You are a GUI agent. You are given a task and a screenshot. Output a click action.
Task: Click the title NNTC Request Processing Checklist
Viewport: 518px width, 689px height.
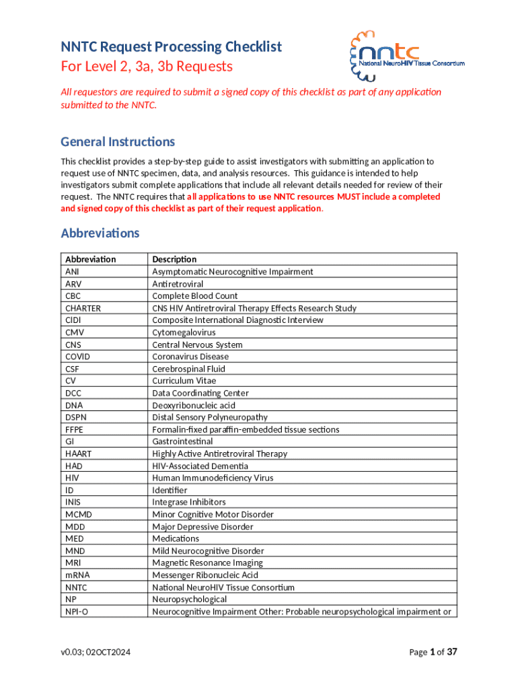[x=171, y=46]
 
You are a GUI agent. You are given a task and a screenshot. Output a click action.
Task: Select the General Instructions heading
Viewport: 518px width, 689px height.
[x=118, y=141]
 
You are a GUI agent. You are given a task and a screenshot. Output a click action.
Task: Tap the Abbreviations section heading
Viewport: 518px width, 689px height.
[x=100, y=233]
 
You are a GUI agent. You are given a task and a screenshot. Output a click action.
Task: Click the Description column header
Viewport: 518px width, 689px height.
[x=174, y=259]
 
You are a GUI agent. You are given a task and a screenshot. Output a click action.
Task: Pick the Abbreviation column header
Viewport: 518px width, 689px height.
[x=90, y=259]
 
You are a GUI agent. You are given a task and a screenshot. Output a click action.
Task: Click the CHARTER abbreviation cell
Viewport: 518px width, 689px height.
[x=83, y=308]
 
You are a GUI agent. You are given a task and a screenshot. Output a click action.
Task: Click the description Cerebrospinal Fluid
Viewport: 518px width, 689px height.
[x=188, y=369]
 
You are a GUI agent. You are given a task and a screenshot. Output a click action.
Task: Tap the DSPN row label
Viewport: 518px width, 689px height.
[x=76, y=417]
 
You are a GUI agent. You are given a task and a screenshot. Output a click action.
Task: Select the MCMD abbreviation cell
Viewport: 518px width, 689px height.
[x=78, y=514]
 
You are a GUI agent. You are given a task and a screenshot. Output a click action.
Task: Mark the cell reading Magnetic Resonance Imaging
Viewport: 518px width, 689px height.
[x=207, y=563]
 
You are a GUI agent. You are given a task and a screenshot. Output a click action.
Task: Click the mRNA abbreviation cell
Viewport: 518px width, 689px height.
[x=77, y=575]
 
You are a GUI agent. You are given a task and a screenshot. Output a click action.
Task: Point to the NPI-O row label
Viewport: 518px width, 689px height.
[x=77, y=612]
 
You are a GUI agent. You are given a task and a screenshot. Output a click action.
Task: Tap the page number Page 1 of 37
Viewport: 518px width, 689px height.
[x=433, y=651]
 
